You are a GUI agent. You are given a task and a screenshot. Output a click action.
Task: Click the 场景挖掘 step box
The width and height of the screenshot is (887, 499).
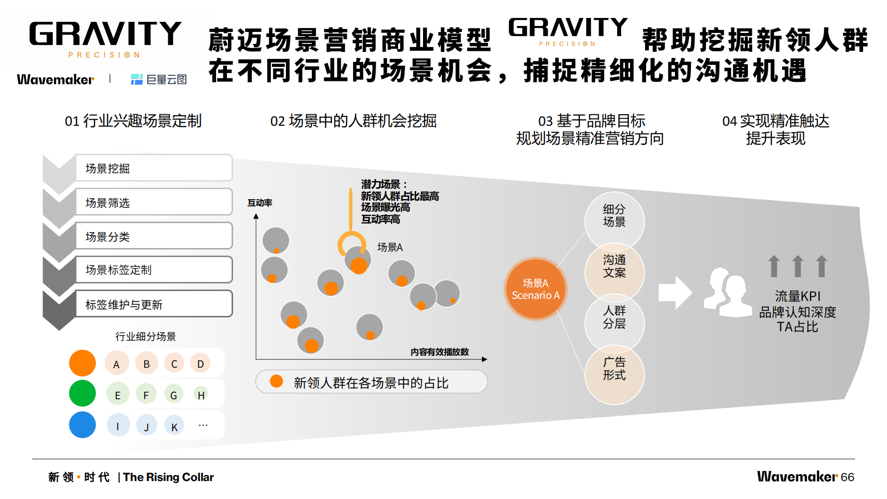(x=153, y=168)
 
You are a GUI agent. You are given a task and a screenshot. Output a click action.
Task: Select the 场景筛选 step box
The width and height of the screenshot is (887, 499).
(x=153, y=202)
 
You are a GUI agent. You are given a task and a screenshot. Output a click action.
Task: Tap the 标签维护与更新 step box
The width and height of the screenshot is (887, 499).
(x=153, y=304)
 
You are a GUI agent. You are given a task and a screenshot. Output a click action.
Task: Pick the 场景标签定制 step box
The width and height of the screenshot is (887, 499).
(x=153, y=270)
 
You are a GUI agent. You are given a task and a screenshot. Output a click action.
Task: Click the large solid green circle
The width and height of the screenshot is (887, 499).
(x=82, y=393)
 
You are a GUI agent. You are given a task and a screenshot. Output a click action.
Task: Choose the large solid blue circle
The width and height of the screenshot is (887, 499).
(x=82, y=425)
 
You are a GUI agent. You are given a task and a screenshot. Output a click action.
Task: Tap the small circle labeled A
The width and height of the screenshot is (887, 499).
(x=117, y=364)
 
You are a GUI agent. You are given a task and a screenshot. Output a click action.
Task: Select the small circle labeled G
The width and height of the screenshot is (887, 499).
(x=174, y=395)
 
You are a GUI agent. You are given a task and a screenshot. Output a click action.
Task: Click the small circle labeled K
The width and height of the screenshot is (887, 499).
(x=174, y=426)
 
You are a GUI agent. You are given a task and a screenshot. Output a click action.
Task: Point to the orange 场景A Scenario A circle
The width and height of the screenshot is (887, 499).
(x=536, y=289)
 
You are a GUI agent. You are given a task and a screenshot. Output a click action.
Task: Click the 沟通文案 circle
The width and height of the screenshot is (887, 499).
(x=614, y=267)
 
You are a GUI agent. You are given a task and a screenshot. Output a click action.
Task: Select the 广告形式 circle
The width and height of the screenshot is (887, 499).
(x=614, y=369)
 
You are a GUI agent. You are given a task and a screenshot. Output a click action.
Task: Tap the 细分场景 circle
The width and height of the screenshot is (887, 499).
(x=614, y=216)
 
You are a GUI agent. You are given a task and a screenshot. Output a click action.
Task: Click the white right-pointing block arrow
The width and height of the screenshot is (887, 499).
(x=674, y=292)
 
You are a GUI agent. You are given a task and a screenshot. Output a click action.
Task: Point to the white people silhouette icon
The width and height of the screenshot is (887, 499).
(x=727, y=293)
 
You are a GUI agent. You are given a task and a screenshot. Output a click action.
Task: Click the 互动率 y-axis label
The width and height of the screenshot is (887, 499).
(x=260, y=203)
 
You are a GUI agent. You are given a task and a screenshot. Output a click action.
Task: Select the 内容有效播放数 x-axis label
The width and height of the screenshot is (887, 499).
(x=440, y=352)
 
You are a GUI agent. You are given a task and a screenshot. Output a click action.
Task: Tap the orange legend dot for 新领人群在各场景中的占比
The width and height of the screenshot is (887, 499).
(x=276, y=382)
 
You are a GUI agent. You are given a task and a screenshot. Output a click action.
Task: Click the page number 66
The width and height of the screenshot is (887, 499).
(x=847, y=478)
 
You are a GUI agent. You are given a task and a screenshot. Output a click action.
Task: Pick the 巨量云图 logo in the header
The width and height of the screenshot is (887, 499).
(x=159, y=79)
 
